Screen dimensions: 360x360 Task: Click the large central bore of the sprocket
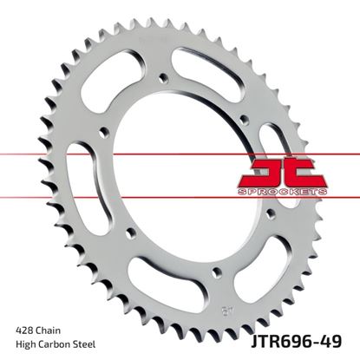178,178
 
